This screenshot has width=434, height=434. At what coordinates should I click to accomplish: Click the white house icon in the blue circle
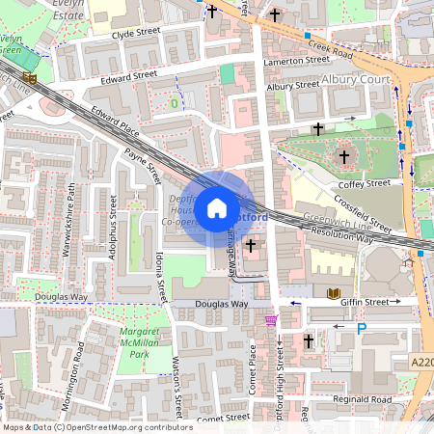click(217, 207)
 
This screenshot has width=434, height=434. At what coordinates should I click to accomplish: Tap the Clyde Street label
click(135, 33)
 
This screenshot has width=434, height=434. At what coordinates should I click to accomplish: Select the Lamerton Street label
click(298, 60)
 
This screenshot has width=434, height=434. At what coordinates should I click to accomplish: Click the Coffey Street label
click(364, 183)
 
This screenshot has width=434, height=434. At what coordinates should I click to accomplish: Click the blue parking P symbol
click(363, 329)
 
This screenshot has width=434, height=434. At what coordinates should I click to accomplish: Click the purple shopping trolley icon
click(271, 319)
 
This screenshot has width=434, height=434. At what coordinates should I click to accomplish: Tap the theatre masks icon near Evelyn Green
click(30, 77)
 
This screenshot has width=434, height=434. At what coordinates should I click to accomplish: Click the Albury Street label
click(292, 86)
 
